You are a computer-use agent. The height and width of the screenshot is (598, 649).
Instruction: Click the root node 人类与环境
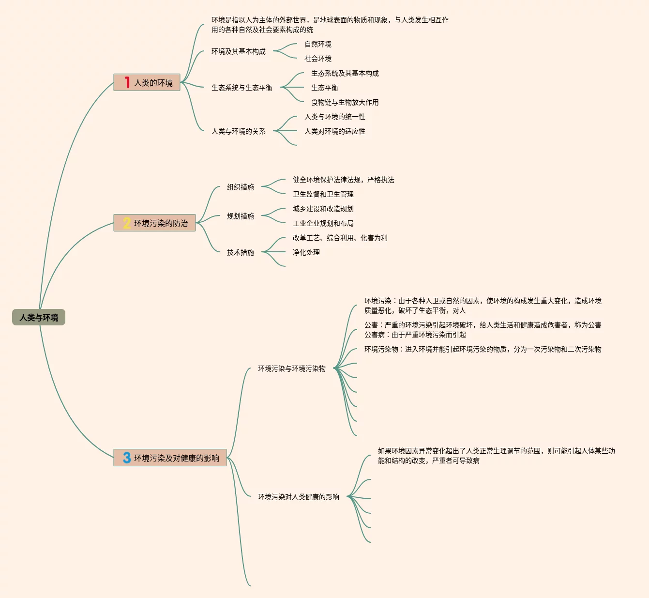[39, 318]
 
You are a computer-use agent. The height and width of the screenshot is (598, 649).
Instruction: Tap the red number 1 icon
[127, 82]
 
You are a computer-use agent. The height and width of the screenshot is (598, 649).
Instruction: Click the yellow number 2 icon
[127, 223]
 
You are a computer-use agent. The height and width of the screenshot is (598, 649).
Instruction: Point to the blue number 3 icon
[127, 458]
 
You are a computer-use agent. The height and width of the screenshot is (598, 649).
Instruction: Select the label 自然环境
[318, 44]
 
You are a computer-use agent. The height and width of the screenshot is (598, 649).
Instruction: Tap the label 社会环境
[318, 59]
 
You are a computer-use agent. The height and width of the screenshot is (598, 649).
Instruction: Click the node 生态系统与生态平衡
[242, 88]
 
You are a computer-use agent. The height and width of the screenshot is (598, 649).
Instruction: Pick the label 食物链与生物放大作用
[345, 102]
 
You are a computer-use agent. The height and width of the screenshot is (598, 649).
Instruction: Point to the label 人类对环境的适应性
[334, 131]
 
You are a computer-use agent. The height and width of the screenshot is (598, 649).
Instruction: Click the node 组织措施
[241, 187]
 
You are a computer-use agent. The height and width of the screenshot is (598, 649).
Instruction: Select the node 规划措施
[241, 216]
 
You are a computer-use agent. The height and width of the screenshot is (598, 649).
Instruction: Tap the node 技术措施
[241, 252]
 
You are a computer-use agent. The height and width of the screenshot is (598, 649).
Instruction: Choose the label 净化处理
[306, 252]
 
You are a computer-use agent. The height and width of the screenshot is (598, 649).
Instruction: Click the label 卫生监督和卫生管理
[323, 194]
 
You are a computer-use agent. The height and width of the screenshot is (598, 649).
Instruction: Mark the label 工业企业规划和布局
[323, 223]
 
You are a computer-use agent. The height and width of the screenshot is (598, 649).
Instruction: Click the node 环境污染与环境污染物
[292, 368]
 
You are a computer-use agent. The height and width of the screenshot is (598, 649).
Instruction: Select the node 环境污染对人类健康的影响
[299, 497]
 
